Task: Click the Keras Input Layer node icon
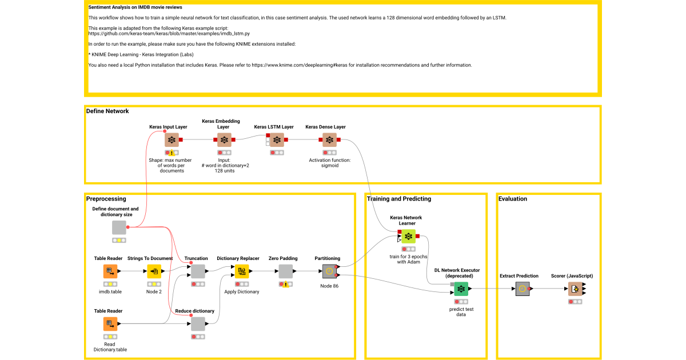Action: click(171, 140)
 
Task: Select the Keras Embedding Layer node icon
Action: click(224, 140)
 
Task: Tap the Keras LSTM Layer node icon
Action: click(277, 140)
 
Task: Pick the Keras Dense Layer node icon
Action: click(329, 140)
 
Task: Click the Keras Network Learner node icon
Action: click(408, 237)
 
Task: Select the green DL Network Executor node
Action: click(461, 289)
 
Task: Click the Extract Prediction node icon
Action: click(523, 289)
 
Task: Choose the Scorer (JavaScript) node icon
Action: click(575, 289)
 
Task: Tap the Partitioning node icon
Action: click(329, 271)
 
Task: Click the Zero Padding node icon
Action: click(286, 271)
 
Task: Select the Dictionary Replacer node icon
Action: click(242, 271)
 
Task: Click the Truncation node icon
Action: click(198, 271)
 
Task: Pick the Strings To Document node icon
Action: click(154, 271)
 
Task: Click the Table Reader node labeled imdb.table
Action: click(110, 271)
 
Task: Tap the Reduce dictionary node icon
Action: click(198, 324)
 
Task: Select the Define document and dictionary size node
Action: click(119, 227)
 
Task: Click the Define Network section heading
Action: click(107, 111)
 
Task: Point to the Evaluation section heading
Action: click(513, 199)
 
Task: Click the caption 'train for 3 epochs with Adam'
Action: click(408, 259)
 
